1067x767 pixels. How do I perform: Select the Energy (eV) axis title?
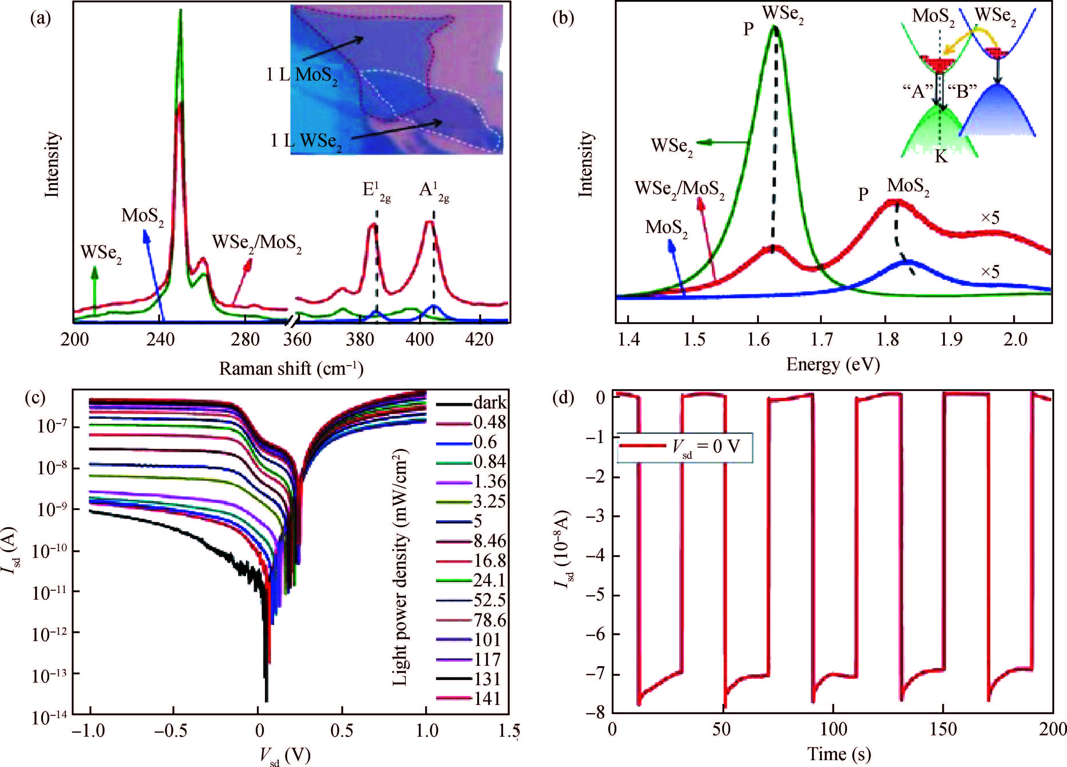(x=833, y=365)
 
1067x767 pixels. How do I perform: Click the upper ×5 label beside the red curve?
(x=990, y=218)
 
